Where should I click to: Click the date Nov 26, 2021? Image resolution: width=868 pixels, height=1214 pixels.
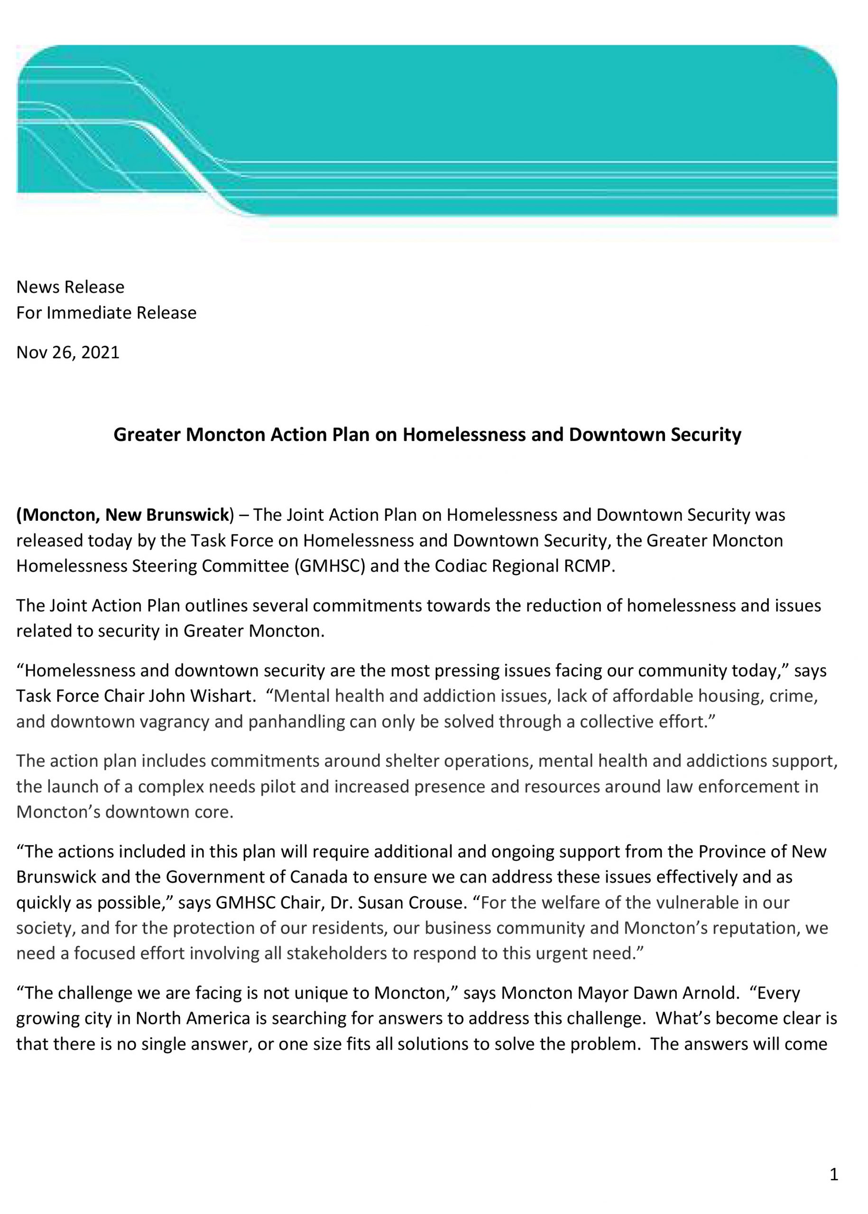(x=68, y=353)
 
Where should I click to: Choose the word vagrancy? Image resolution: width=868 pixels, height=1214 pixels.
(x=174, y=722)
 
